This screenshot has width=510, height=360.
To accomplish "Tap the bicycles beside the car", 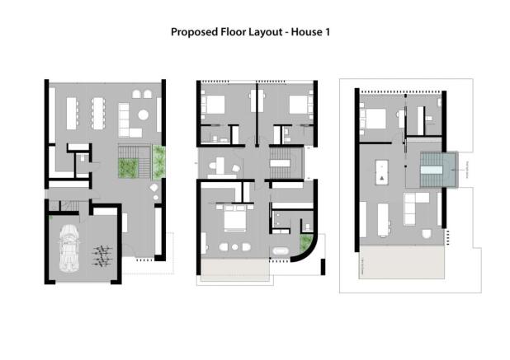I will click(102, 255).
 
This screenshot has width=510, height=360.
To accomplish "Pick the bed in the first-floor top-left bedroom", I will click(215, 106).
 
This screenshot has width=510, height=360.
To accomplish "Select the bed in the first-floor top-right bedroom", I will click(297, 106).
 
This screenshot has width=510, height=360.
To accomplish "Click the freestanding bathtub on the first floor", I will click(281, 249).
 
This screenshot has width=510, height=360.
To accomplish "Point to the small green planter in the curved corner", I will click(306, 243).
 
